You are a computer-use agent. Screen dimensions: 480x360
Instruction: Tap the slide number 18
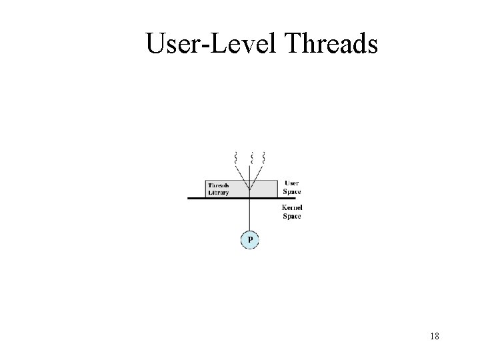point(434,337)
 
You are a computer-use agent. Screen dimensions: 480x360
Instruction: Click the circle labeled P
point(249,239)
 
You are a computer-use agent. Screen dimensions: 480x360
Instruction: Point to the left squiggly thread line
point(235,158)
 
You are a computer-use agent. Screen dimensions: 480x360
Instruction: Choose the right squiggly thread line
point(265,158)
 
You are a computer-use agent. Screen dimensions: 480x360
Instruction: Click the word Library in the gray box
point(218,193)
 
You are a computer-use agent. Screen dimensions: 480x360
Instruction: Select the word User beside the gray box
point(291,183)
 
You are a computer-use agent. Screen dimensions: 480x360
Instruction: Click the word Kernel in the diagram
point(293,208)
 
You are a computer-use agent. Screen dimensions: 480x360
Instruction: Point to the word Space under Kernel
point(293,216)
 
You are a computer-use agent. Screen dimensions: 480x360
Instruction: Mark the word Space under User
point(291,192)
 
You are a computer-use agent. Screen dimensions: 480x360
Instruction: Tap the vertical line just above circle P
point(249,220)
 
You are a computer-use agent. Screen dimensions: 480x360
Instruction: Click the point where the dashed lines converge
point(249,189)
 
